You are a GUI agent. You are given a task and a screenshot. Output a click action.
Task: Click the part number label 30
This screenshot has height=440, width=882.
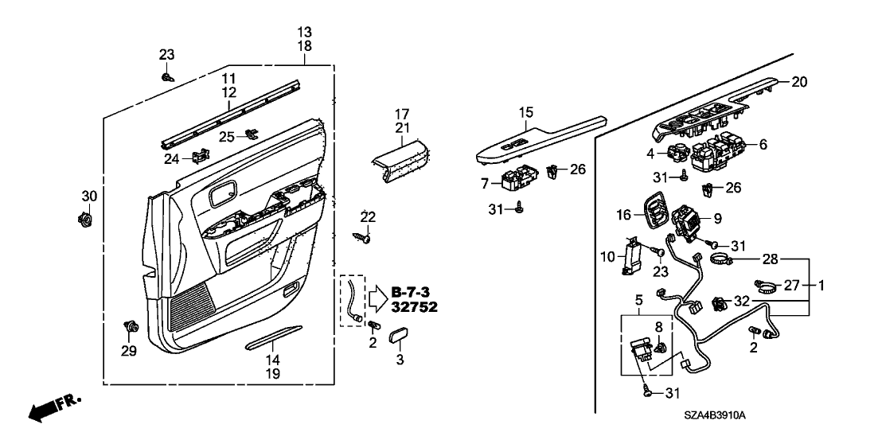click(x=88, y=197)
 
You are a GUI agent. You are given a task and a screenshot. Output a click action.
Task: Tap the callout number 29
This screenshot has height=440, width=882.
click(x=127, y=350)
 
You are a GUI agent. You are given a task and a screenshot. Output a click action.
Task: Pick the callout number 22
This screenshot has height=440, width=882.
click(x=367, y=216)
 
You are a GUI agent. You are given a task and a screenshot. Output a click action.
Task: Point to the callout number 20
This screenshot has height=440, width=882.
click(x=799, y=81)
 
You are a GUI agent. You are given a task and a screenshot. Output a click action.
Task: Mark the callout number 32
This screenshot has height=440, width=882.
click(x=742, y=302)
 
